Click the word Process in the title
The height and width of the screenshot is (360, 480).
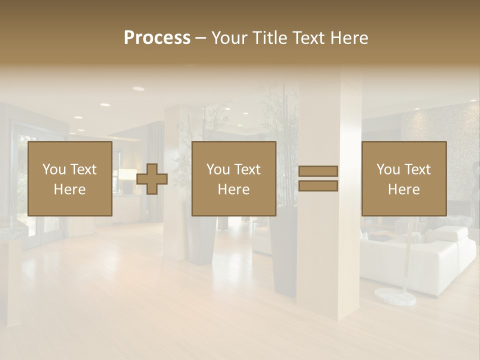(157, 38)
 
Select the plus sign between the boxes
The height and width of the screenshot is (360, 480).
(152, 179)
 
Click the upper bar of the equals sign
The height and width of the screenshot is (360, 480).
(318, 171)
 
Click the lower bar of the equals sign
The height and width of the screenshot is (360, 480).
(318, 186)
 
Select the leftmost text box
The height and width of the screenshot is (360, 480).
(70, 178)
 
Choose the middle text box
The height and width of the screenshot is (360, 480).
(233, 178)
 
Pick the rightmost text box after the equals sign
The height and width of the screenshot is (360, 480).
(404, 178)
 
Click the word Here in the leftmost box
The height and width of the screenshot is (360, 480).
(70, 189)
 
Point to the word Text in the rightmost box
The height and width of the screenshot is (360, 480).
(418, 169)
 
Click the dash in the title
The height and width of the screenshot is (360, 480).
(201, 38)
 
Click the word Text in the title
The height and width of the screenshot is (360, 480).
(307, 38)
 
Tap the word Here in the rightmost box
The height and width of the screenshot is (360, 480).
(404, 189)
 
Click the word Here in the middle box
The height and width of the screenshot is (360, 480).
(233, 189)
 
